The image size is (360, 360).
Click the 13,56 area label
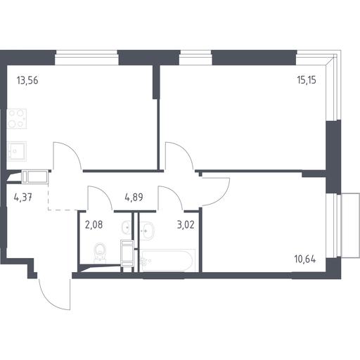pos(27,81)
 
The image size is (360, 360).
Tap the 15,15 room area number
pos(307,80)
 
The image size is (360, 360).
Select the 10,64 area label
pos(305,259)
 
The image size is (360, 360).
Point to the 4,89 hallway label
pos(134,198)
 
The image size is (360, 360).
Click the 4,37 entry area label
pos(23,198)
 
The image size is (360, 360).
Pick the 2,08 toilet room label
pos(94,225)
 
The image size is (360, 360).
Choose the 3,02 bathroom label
pos(186,225)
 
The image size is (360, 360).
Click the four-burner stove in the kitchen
pos(17,119)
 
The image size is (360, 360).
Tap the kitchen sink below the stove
pos(17,151)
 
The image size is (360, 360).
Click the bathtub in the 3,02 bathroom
pos(167,260)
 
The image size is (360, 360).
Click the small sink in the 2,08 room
pos(127,227)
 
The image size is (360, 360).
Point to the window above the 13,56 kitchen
pos(86,58)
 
